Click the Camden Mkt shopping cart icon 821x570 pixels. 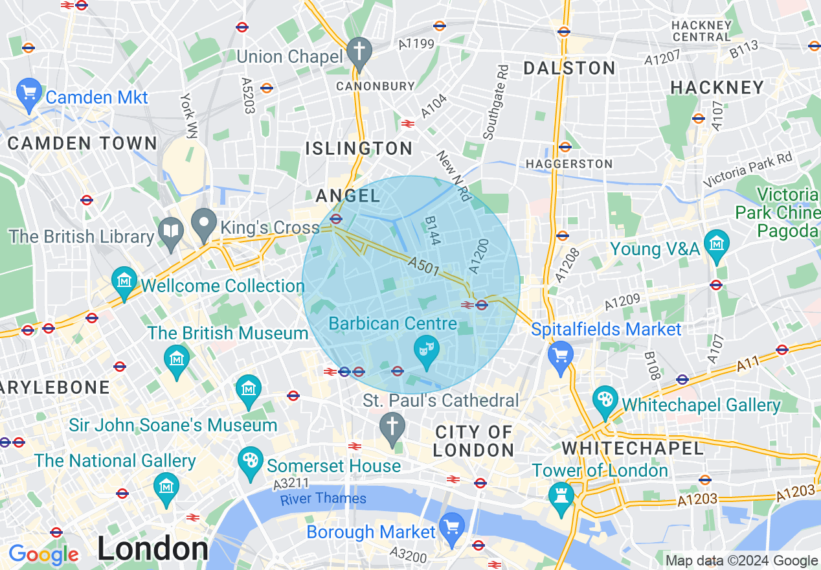(x=28, y=93)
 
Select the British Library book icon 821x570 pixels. (x=171, y=231)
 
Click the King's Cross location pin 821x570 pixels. (x=205, y=223)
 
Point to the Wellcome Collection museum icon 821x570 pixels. (x=124, y=280)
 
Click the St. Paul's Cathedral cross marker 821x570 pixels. (x=392, y=427)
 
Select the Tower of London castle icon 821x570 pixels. (x=561, y=496)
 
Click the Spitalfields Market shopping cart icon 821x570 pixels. (x=560, y=355)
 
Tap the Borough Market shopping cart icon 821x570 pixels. (x=451, y=527)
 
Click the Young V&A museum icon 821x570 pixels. (x=716, y=244)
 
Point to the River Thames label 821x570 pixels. (x=323, y=499)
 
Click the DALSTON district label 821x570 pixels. (x=569, y=68)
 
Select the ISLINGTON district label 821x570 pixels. (x=359, y=148)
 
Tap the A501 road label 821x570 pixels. (x=424, y=265)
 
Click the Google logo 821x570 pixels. (x=43, y=554)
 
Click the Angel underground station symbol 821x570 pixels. (x=335, y=219)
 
